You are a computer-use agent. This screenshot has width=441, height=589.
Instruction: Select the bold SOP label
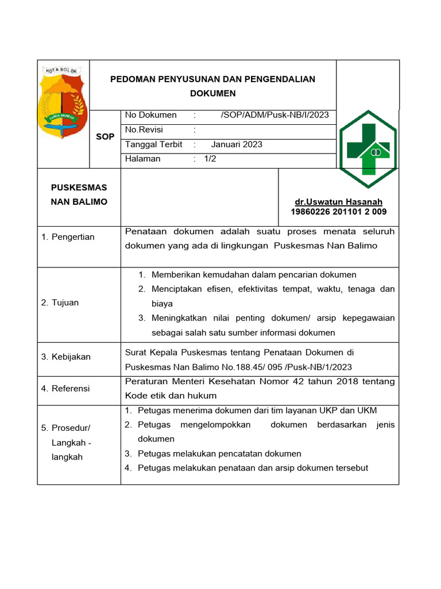tap(105, 137)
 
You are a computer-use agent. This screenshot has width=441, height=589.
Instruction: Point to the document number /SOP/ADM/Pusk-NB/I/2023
tap(274, 115)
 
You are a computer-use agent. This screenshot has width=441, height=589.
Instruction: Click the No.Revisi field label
tap(144, 130)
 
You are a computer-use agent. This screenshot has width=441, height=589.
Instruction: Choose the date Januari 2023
tap(237, 145)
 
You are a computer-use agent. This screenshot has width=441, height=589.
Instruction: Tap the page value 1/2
tap(210, 159)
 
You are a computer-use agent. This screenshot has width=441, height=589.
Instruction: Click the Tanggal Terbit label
tap(153, 145)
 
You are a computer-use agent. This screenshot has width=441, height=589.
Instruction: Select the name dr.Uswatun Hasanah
tap(338, 202)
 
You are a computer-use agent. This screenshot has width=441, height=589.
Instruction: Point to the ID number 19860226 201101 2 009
tap(339, 212)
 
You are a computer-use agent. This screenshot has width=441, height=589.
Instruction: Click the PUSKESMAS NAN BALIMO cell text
tap(79, 195)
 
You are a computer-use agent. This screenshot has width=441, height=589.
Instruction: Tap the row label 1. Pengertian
tap(68, 237)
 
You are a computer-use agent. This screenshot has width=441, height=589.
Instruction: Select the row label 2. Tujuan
tap(60, 303)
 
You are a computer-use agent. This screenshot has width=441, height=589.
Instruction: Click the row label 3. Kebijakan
tap(66, 357)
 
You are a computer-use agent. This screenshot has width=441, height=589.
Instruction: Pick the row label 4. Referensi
tap(65, 388)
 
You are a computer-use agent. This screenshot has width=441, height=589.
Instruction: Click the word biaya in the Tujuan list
tap(163, 303)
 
